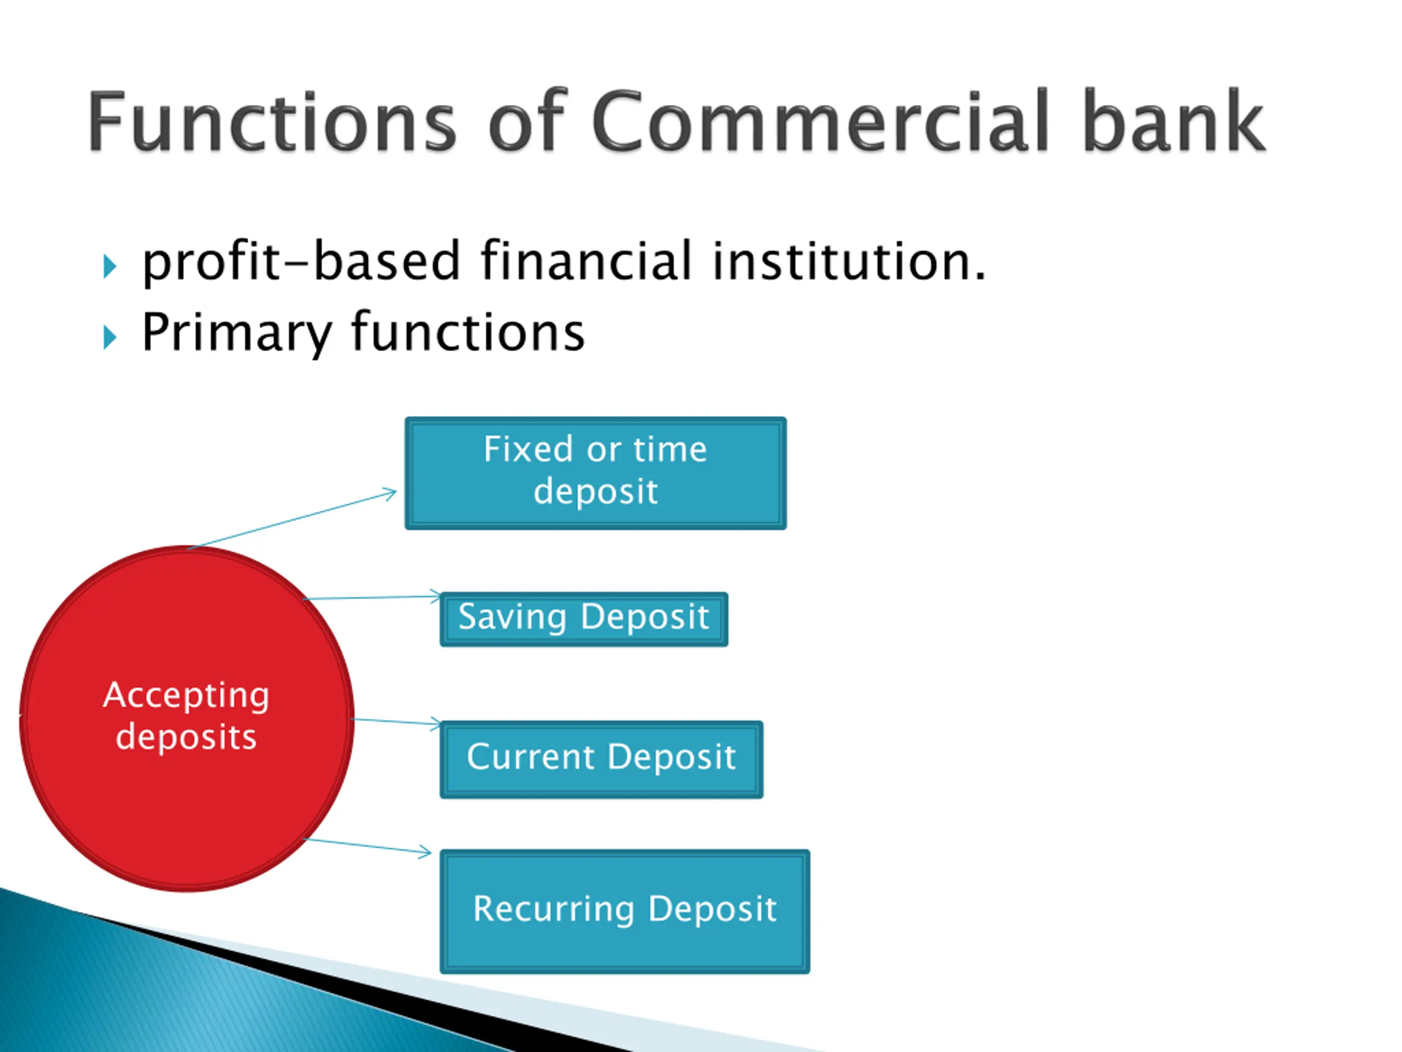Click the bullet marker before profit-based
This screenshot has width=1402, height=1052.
pyautogui.click(x=110, y=266)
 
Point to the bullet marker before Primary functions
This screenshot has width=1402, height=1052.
pyautogui.click(x=110, y=338)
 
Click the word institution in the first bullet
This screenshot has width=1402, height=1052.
pyautogui.click(x=849, y=261)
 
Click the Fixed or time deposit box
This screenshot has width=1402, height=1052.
pyautogui.click(x=595, y=473)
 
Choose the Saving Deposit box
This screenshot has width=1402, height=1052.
pyautogui.click(x=583, y=620)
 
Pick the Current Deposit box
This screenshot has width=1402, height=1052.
pyautogui.click(x=601, y=759)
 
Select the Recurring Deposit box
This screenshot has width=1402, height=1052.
pyautogui.click(x=624, y=911)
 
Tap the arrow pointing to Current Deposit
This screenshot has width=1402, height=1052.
pyautogui.click(x=396, y=722)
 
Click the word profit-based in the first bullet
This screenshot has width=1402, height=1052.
pyautogui.click(x=301, y=261)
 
